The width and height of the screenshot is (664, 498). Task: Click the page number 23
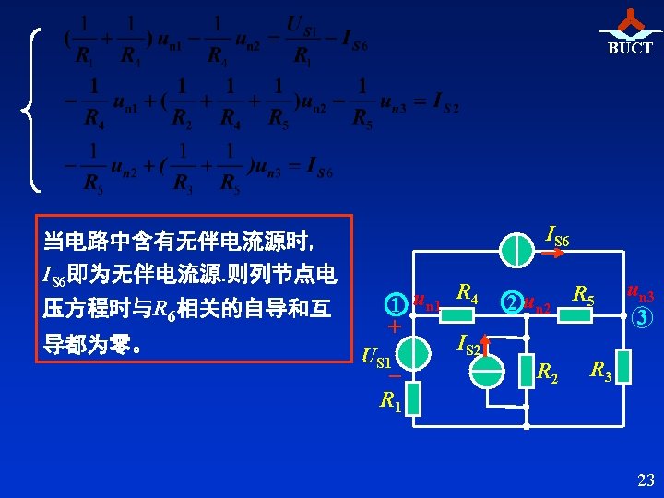point(646,480)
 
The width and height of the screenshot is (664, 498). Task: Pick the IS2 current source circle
point(486,370)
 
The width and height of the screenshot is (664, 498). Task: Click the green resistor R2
point(526,370)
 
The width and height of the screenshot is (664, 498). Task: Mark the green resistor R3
point(625,367)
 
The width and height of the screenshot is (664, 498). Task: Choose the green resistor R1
point(412,398)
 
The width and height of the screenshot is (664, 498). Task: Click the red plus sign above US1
point(395,327)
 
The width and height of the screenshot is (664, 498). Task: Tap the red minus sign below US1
point(394,376)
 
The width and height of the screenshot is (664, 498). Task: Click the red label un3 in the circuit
point(638,294)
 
